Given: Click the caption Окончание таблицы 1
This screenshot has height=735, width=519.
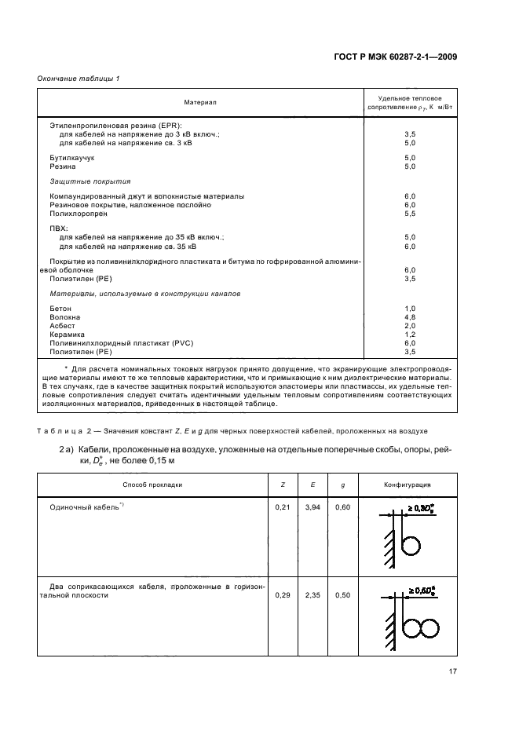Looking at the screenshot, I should [x=78, y=79].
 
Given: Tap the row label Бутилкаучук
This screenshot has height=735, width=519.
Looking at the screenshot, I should [x=72, y=158].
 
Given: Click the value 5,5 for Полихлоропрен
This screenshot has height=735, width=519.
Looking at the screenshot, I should [x=409, y=214].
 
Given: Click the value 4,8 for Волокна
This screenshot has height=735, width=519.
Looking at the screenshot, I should [x=409, y=317].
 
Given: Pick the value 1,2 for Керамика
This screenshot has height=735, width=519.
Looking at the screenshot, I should [x=409, y=335].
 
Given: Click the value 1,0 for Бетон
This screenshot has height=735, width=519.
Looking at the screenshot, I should [x=409, y=309].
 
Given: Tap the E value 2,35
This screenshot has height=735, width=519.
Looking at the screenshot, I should [x=312, y=596].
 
